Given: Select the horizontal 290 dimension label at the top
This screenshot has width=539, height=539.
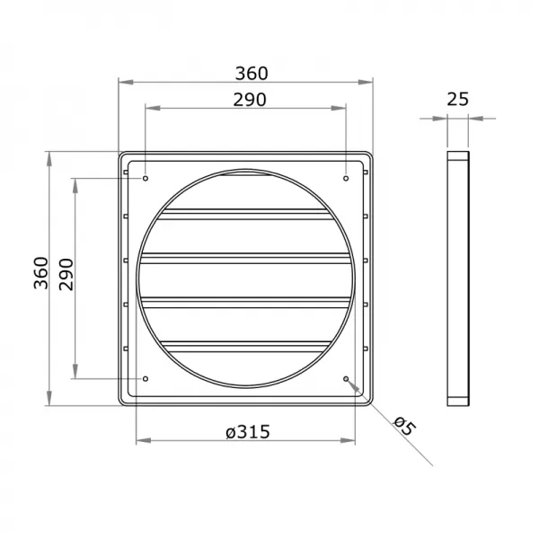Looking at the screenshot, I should (x=245, y=100).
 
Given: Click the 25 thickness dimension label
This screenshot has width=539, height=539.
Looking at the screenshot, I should (x=457, y=100).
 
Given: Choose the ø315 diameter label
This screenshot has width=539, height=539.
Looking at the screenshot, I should (x=245, y=431).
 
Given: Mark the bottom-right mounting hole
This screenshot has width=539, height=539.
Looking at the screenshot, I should (x=347, y=379).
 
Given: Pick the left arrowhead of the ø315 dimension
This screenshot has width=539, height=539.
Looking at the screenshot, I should (x=143, y=442).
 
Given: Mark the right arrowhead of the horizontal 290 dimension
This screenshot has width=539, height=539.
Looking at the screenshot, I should (x=340, y=110).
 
